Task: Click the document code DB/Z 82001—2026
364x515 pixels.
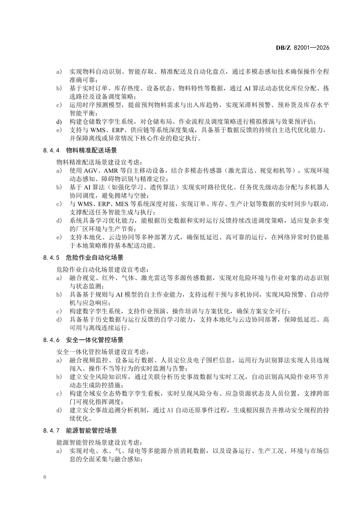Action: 302,48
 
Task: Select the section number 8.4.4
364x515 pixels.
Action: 51,150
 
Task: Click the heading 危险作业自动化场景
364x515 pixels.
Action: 95,258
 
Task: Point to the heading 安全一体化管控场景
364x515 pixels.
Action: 95,340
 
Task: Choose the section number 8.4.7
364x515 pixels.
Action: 51,430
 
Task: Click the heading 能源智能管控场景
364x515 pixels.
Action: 91,430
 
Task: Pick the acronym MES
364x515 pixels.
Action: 122,204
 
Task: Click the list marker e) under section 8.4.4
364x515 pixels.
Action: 59,237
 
